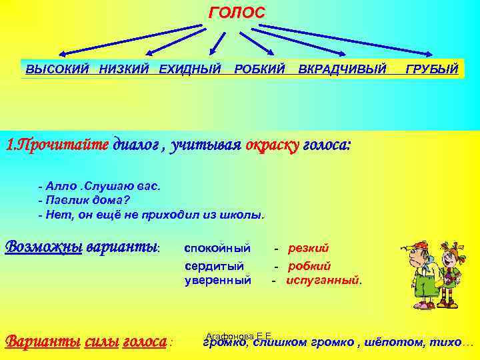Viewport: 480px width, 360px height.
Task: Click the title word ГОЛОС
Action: [x=237, y=13]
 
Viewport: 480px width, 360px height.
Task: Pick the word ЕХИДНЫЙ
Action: [x=190, y=69]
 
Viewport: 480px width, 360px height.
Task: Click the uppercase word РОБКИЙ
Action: [x=260, y=69]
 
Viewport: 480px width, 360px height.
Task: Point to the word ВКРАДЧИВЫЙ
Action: [x=342, y=69]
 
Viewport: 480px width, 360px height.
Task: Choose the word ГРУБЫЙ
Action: [x=432, y=69]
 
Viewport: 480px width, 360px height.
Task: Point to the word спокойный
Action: [x=217, y=249]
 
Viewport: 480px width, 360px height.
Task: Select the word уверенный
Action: [x=217, y=280]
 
